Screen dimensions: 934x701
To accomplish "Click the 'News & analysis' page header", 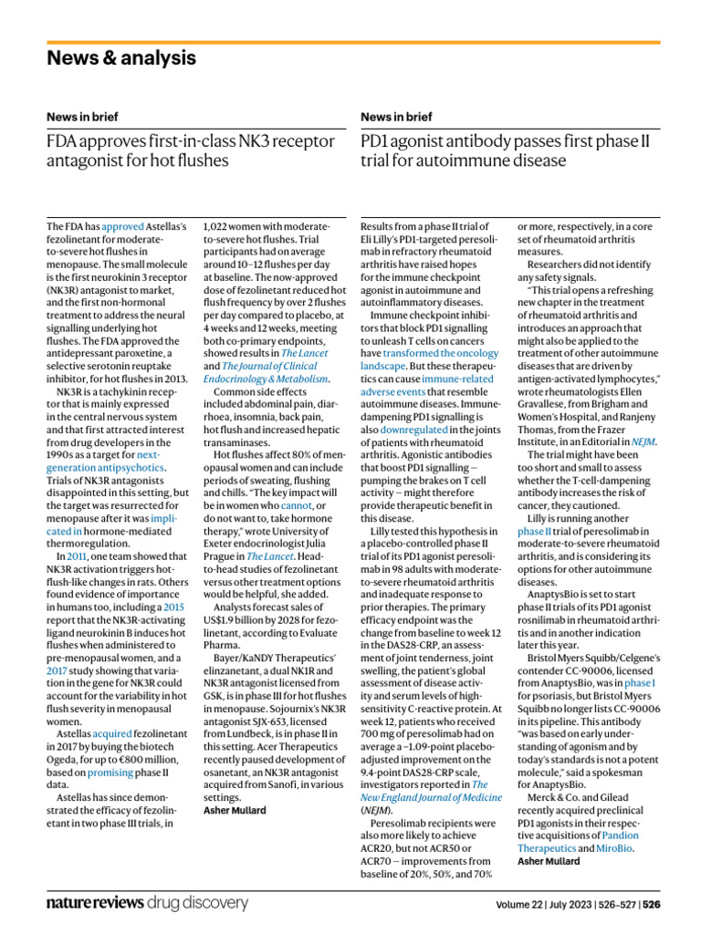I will (x=121, y=58).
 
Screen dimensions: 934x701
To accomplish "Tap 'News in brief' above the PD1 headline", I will (x=397, y=117).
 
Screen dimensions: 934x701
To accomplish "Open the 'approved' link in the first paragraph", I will (x=122, y=225).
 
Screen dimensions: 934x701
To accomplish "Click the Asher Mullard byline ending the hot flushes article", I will (x=235, y=810).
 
